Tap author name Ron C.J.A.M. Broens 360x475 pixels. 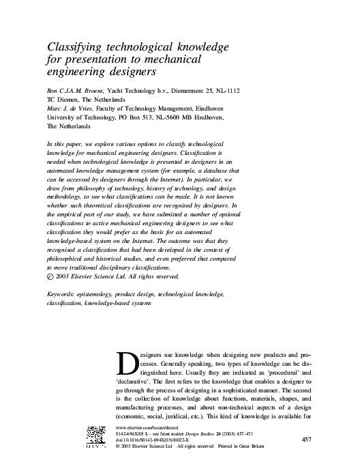[x=74, y=89]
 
